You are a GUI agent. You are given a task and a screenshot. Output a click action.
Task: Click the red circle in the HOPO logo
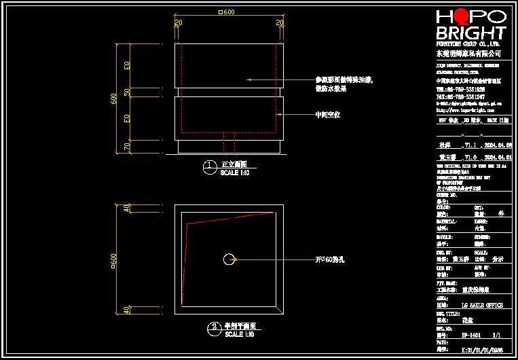pos(462,16)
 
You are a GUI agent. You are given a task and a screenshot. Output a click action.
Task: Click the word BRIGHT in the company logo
pos(470,33)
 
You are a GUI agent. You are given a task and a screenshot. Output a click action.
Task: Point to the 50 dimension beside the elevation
pos(127,92)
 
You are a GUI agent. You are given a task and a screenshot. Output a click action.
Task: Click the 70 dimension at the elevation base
pos(127,146)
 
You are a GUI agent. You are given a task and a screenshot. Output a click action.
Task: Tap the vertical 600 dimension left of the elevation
pos(114,99)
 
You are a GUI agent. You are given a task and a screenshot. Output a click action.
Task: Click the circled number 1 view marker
pos(210,165)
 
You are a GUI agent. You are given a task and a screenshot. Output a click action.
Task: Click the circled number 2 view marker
pos(214,326)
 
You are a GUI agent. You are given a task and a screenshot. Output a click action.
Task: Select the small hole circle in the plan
pos(229,259)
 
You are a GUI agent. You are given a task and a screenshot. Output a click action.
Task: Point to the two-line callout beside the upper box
pos(344,84)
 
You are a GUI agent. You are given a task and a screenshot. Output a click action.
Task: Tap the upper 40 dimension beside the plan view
pos(126,209)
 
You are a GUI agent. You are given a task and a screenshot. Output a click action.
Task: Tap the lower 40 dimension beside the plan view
pos(126,310)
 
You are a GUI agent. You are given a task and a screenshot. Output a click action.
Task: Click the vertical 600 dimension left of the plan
pos(114,259)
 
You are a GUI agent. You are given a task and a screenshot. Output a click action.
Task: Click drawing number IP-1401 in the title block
pos(473,335)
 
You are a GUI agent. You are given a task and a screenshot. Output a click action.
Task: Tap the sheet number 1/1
pos(496,335)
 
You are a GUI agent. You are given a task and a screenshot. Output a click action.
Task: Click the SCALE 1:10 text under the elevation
pos(236,173)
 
